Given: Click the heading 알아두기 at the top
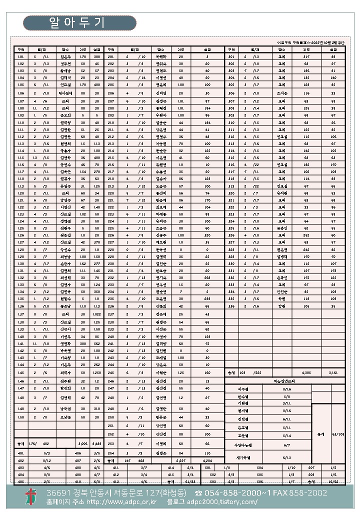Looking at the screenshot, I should point(79,22).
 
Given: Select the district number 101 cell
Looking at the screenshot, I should point(21,57).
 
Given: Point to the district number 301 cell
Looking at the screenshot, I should point(231,57).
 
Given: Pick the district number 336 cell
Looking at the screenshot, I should point(231,305).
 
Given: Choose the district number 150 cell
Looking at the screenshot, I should point(21,416).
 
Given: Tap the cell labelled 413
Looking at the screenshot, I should point(115,481).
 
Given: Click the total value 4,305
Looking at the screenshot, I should point(306,372).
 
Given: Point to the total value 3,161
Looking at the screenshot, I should point(333,372).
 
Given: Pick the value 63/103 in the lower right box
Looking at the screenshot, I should point(338,433).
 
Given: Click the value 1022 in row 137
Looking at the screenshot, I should point(96,313).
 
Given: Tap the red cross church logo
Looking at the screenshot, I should point(31,496).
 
